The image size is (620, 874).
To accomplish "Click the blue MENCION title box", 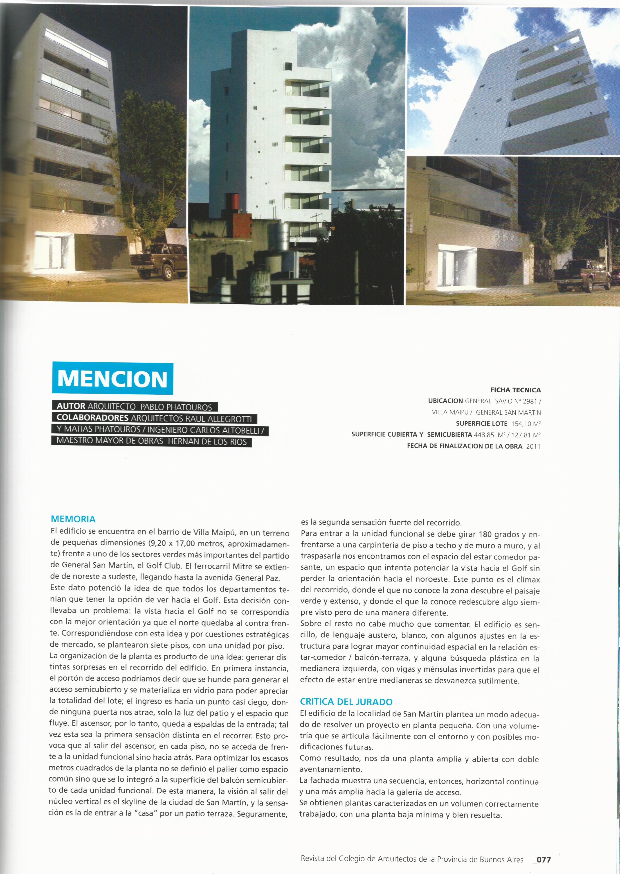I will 113,378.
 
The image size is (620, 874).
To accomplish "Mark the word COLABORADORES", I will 92,418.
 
